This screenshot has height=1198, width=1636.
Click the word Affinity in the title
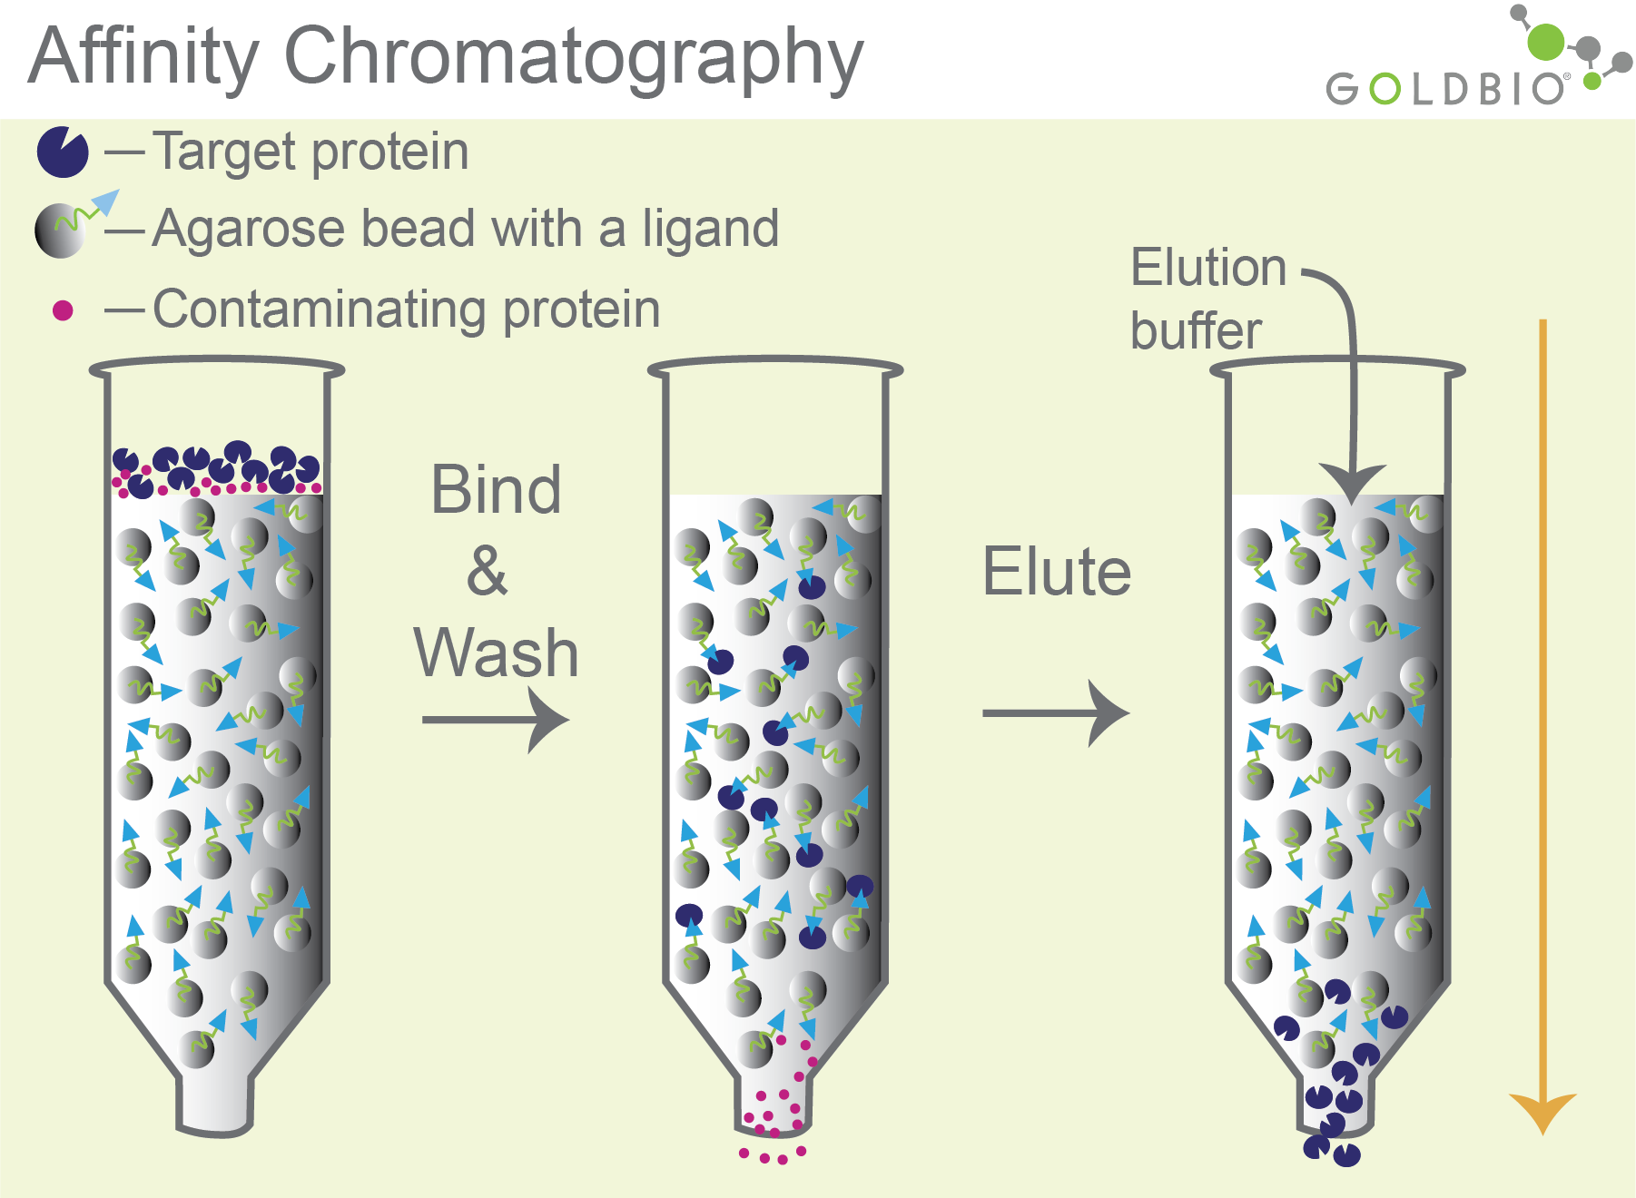[143, 56]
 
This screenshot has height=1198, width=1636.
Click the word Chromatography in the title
[574, 58]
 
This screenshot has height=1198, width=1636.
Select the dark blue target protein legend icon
[63, 152]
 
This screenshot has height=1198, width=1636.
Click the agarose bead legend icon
[60, 231]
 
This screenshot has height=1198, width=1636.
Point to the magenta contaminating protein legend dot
[63, 311]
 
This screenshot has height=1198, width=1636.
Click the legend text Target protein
[310, 152]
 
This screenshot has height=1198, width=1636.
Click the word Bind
[496, 490]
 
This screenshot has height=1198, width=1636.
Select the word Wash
[497, 653]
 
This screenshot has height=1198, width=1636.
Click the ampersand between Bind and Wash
[488, 572]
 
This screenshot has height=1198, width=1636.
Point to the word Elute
[1057, 572]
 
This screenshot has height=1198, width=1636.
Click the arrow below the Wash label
[496, 721]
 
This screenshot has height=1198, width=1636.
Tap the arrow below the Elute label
[1056, 713]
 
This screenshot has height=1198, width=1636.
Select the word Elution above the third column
[1208, 269]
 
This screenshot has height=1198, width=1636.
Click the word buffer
[1196, 331]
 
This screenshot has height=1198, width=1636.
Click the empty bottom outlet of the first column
[215, 1103]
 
